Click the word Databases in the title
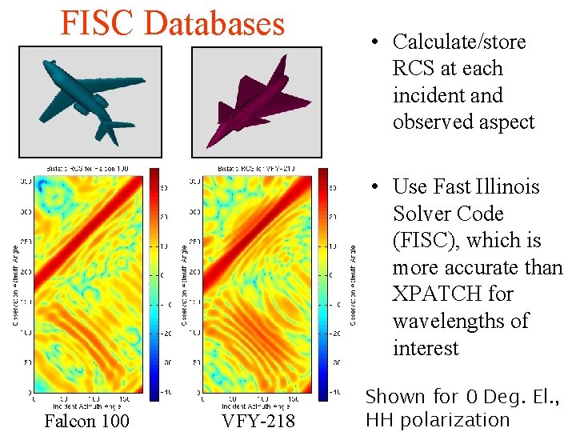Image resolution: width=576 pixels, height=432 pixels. point(214,23)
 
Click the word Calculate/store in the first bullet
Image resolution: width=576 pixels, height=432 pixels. point(459,42)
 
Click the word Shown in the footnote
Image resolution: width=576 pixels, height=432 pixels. point(395,396)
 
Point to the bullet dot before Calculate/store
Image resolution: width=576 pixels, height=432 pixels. point(373,42)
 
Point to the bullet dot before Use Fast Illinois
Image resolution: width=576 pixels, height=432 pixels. point(373,187)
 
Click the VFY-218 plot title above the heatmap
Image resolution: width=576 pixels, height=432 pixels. point(258,169)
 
